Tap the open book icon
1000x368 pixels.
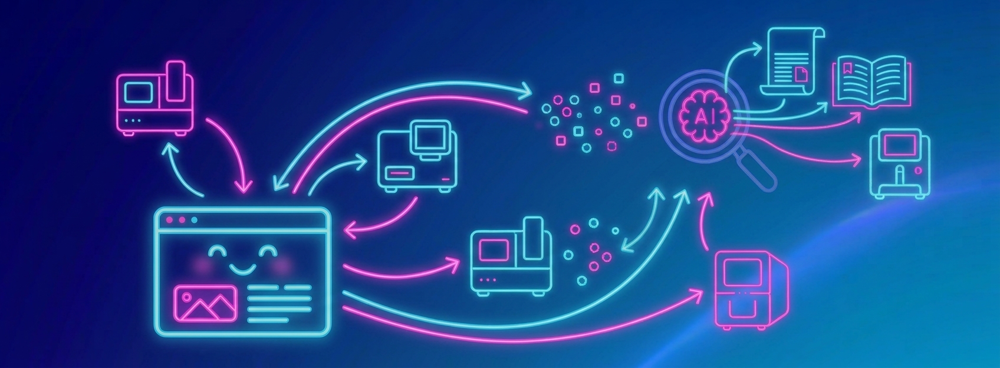(x=871, y=83)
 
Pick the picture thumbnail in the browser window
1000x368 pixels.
(x=205, y=303)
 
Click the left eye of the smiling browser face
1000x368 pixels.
(x=218, y=252)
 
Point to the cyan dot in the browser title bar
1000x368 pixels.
(x=194, y=220)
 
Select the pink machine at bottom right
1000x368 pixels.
(x=751, y=290)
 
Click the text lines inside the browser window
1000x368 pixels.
(x=279, y=304)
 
